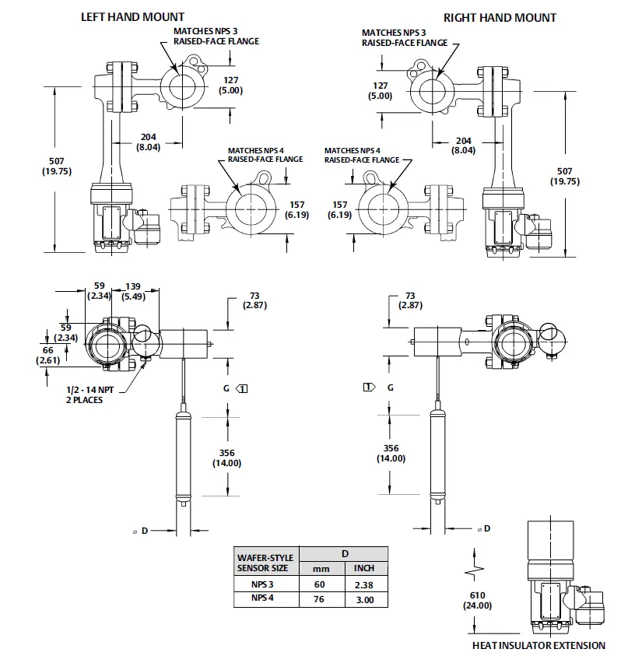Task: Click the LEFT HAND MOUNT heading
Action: (x=133, y=16)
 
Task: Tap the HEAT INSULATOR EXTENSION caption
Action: (x=539, y=645)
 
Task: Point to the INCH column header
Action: (x=364, y=568)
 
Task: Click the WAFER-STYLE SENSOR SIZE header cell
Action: (x=265, y=562)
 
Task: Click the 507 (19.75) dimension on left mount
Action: (x=56, y=166)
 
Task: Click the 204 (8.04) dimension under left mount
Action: (x=148, y=142)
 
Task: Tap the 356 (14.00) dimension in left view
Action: (x=227, y=458)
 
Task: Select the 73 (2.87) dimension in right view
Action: (x=409, y=300)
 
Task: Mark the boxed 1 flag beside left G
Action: (x=243, y=388)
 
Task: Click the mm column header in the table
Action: (x=321, y=568)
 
